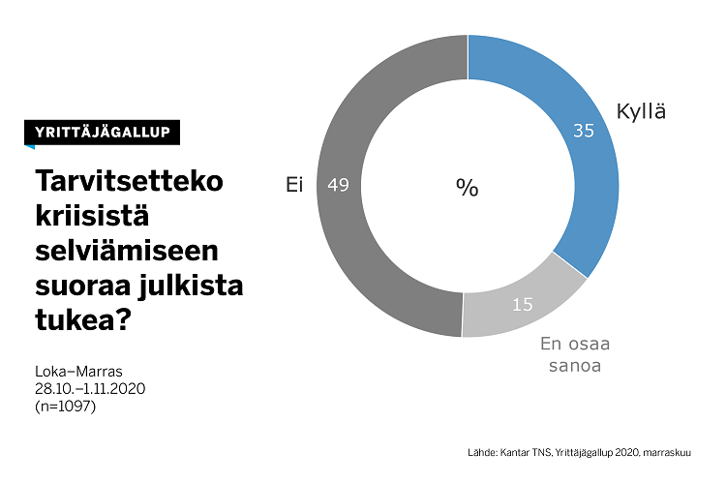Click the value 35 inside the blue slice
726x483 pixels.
(x=584, y=131)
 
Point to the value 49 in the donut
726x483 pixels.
(x=339, y=185)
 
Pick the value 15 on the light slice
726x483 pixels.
(x=523, y=304)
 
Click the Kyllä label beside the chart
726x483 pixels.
(x=642, y=112)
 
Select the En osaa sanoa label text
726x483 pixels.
(x=574, y=354)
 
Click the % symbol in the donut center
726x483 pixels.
(x=468, y=188)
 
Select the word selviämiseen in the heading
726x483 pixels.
(x=127, y=252)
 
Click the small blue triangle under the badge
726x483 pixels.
(x=30, y=147)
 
